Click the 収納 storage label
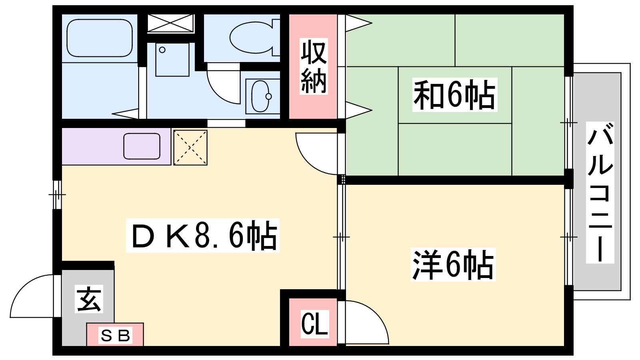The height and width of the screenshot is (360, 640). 314,67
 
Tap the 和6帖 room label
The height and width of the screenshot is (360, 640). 454,95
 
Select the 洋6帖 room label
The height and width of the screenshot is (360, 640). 453,265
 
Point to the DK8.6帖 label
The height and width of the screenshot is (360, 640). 203,236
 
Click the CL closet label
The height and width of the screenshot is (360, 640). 314,324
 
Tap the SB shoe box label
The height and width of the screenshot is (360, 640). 115,335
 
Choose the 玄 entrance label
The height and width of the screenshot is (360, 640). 89,299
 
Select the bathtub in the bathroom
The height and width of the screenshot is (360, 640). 100,38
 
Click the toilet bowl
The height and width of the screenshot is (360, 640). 252,38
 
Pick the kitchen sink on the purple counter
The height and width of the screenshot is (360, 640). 142,146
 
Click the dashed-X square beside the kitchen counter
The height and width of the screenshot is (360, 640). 190,147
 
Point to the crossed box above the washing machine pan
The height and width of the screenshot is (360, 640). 170,23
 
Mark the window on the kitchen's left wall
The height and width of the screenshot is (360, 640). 57,195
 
